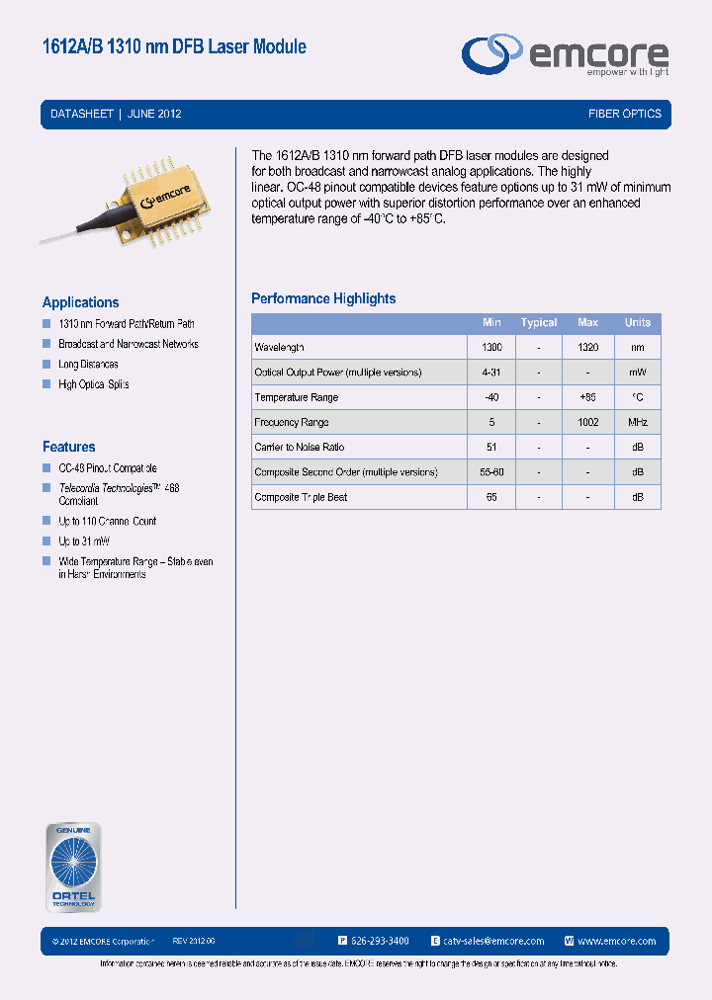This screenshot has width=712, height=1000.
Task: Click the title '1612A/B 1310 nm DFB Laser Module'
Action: (x=174, y=46)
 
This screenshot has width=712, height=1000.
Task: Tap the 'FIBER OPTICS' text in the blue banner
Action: (x=624, y=114)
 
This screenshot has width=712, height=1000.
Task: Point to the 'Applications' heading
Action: (x=80, y=302)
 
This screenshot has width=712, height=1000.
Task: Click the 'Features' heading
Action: (x=68, y=447)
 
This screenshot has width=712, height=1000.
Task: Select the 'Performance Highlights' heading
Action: (x=323, y=298)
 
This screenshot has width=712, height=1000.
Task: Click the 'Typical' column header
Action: (x=539, y=322)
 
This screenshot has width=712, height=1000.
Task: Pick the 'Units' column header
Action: (x=638, y=322)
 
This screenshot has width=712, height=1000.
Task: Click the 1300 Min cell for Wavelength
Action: (x=491, y=348)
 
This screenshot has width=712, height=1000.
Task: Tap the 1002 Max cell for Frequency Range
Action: (x=588, y=423)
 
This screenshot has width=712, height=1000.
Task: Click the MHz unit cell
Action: (x=638, y=423)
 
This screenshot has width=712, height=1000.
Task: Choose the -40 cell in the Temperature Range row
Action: (x=491, y=397)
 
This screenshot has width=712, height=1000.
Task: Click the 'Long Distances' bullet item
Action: (x=88, y=365)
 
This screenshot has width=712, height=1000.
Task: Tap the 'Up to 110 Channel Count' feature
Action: (x=107, y=521)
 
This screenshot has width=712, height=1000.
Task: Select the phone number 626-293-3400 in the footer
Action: (x=380, y=941)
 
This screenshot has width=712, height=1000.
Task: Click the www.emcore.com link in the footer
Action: (x=617, y=941)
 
